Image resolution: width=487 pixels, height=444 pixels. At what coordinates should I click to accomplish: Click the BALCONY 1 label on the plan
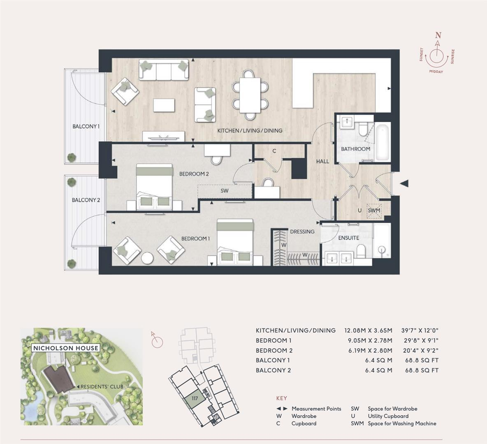coord(86,126)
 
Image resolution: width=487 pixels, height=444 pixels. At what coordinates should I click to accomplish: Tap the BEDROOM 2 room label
coord(194,174)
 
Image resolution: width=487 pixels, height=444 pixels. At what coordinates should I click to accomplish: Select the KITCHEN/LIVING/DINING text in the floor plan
coord(250,130)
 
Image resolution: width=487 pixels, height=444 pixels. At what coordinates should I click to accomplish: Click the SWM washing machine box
coord(374,210)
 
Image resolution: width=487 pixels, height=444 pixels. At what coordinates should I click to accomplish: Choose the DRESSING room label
coord(302,231)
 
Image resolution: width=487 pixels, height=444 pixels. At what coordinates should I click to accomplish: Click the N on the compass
coord(438,35)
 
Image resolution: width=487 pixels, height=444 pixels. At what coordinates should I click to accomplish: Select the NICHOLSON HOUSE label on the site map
coord(66,348)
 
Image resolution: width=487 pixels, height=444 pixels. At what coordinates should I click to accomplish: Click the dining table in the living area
coord(250,94)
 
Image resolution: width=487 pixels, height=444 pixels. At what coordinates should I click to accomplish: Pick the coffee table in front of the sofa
coord(164,105)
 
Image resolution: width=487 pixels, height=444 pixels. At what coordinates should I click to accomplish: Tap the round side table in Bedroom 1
coord(147,257)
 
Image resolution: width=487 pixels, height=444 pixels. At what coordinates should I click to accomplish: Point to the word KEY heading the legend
coord(281,398)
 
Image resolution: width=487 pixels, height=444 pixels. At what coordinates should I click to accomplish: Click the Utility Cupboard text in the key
coord(388,416)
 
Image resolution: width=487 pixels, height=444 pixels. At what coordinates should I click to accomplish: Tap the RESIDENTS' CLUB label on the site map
coord(100,386)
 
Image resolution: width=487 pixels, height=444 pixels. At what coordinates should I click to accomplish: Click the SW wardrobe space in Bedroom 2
coord(224,191)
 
